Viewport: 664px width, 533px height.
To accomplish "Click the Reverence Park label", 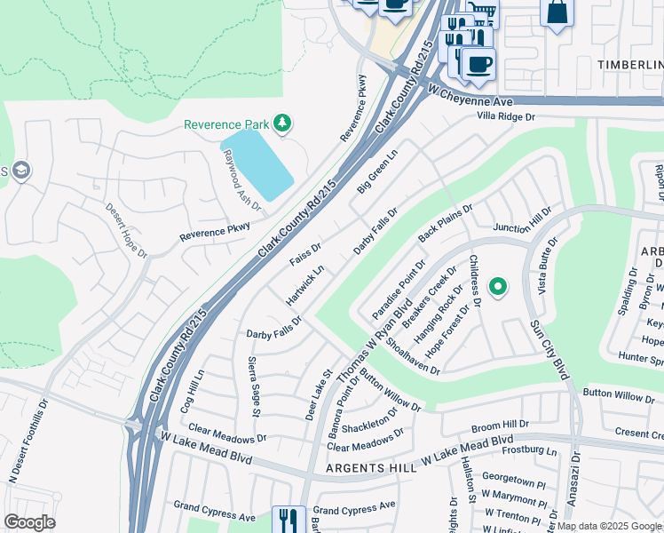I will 226,125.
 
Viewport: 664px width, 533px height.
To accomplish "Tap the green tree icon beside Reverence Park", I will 283,123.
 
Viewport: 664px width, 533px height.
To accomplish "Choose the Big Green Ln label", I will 377,171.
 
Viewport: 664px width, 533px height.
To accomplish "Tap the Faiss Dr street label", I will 305,252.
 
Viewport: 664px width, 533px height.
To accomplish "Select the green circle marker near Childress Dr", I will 498,286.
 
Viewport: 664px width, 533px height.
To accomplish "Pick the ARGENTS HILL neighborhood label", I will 362,468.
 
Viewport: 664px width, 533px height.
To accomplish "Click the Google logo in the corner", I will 29,522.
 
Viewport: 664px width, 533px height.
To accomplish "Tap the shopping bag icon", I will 557,13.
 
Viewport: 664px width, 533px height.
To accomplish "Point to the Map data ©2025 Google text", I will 609,526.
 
